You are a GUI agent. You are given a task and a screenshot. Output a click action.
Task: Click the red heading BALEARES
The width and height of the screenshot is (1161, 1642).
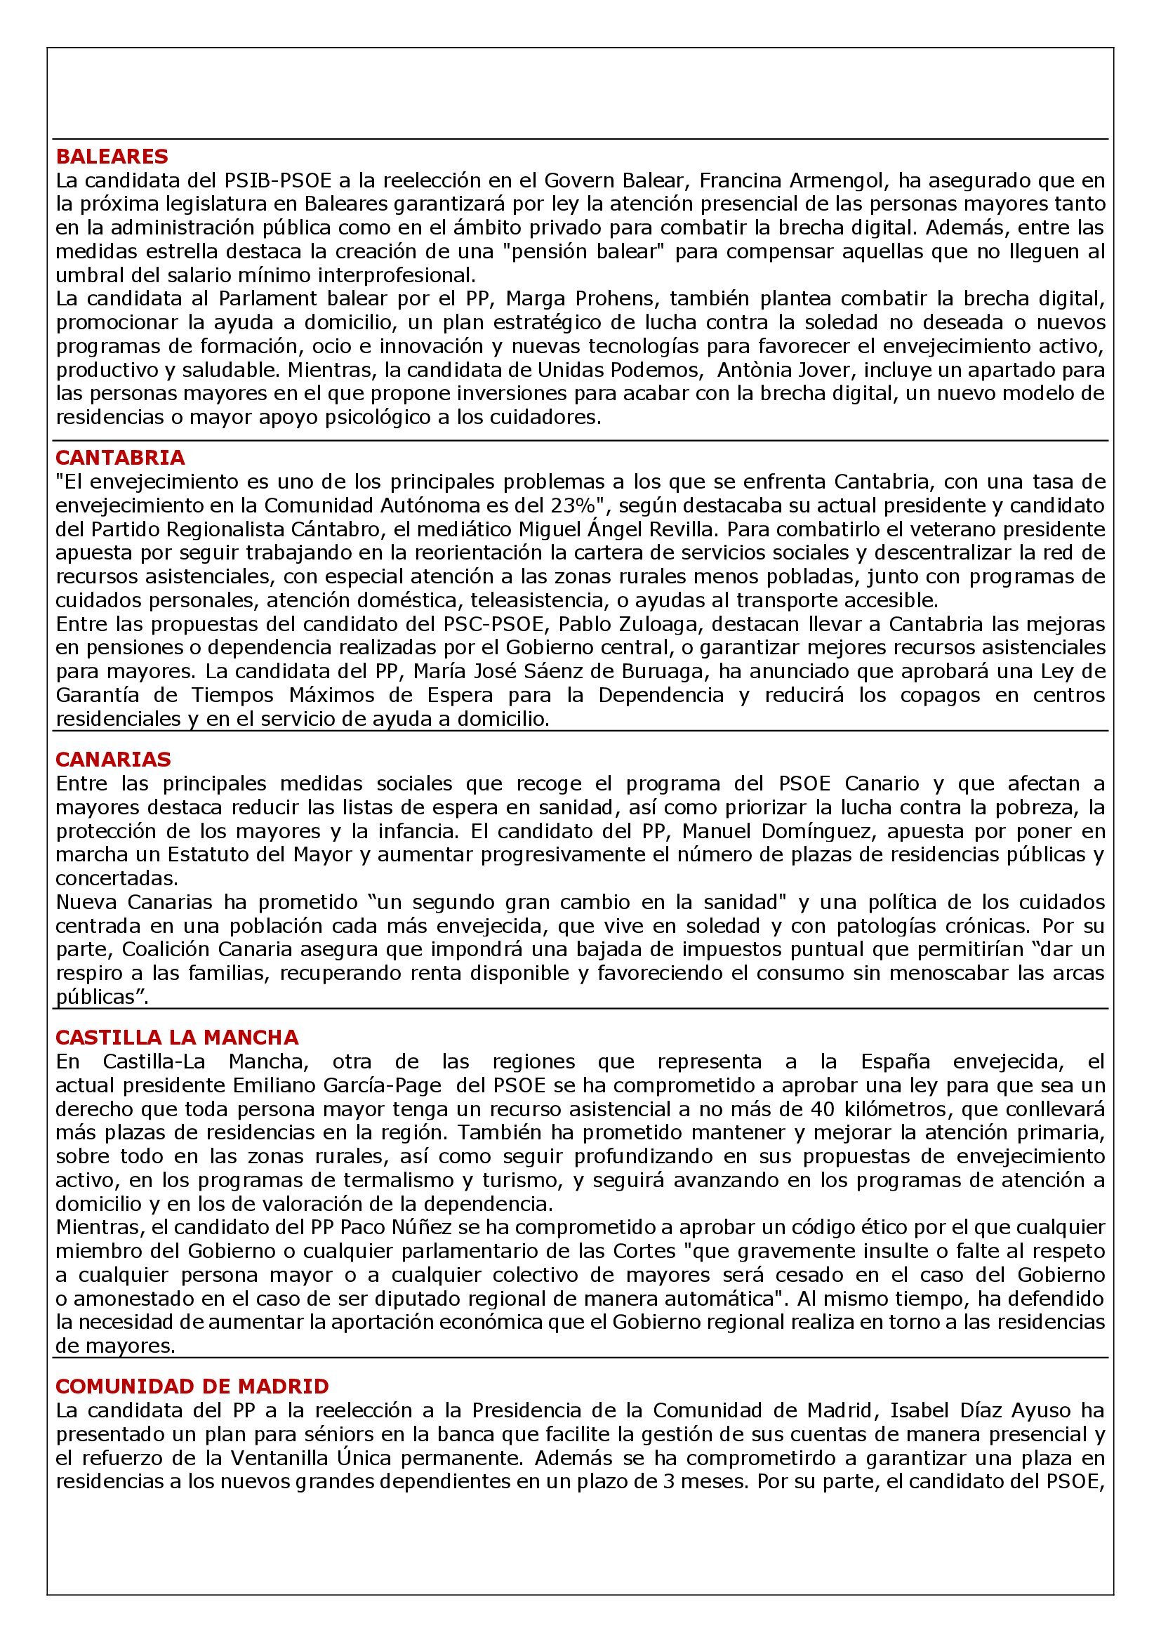click(112, 156)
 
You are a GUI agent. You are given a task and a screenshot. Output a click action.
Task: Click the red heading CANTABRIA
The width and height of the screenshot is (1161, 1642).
click(120, 457)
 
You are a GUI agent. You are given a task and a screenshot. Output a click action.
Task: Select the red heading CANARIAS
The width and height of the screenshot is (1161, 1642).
click(114, 759)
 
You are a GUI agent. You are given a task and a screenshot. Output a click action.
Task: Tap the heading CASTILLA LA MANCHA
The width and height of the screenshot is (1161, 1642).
click(178, 1037)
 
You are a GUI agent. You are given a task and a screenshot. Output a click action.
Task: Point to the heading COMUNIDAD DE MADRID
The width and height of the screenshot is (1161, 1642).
click(192, 1386)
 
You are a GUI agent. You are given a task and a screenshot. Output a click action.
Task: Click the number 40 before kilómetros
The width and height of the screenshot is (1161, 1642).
click(824, 1108)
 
